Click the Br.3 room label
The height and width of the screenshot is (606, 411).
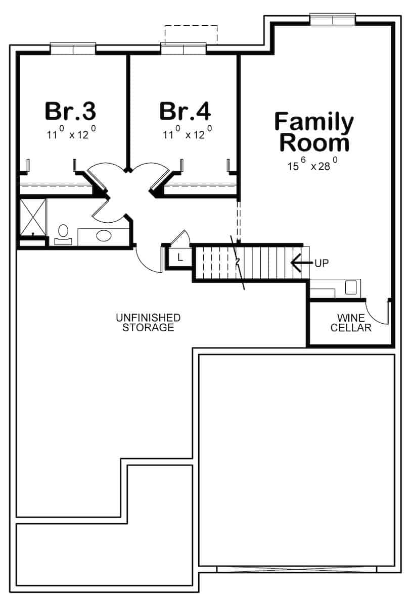pyautogui.click(x=70, y=111)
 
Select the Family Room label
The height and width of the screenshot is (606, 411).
pyautogui.click(x=314, y=133)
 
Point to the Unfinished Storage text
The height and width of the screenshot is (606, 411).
pyautogui.click(x=148, y=323)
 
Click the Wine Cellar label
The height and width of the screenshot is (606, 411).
pyautogui.click(x=351, y=323)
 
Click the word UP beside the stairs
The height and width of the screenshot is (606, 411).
pyautogui.click(x=322, y=263)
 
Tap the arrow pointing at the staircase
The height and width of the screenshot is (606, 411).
pyautogui.click(x=300, y=263)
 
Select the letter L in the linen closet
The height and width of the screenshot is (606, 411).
pyautogui.click(x=180, y=258)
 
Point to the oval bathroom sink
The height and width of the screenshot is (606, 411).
pyautogui.click(x=105, y=236)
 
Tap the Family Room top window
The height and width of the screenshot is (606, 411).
pyautogui.click(x=333, y=19)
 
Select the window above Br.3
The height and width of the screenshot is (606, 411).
pyautogui.click(x=73, y=48)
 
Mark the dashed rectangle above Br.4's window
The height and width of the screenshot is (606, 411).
pyautogui.click(x=191, y=34)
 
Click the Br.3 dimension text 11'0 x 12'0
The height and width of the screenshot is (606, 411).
pyautogui.click(x=70, y=134)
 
